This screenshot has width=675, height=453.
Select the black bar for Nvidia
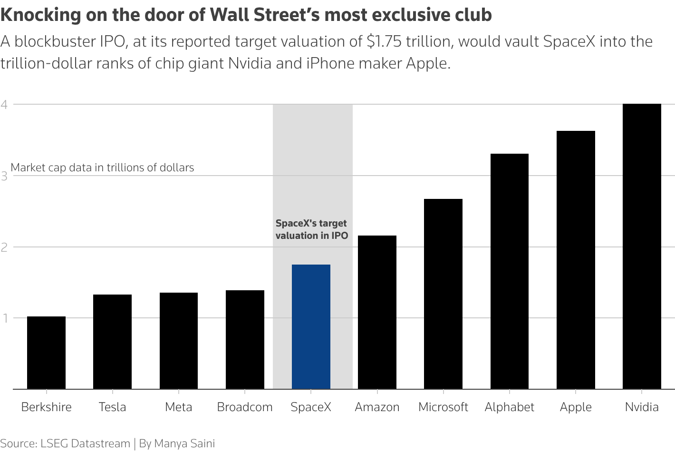[x=642, y=246]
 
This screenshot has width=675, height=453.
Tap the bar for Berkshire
[x=46, y=353]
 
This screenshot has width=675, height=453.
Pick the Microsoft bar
[x=443, y=294]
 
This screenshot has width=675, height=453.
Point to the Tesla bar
[x=112, y=342]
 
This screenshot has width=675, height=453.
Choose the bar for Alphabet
[x=509, y=271]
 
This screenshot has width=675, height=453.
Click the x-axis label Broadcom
[x=245, y=407]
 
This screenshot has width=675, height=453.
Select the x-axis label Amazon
[x=377, y=407]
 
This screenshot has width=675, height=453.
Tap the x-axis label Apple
[x=576, y=407]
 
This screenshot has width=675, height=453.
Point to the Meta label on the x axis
[x=179, y=407]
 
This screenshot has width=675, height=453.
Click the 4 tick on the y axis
[x=4, y=104]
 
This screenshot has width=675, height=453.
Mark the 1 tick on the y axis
[x=4, y=318]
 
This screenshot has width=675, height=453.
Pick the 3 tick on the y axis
[x=4, y=176]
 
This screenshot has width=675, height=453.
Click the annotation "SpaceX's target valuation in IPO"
[x=311, y=229]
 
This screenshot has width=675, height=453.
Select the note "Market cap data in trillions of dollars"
[x=102, y=167]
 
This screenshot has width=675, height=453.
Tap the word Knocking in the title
[x=41, y=15]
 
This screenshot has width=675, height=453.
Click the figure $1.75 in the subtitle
[x=384, y=42]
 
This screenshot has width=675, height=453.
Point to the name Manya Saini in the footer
[x=184, y=443]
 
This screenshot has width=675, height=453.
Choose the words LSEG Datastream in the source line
[x=85, y=443]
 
